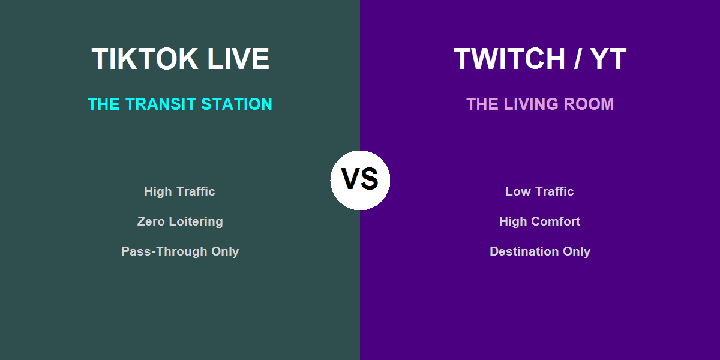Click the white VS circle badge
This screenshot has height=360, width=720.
pos(360,180)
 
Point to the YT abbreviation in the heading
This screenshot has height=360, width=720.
pos(608,59)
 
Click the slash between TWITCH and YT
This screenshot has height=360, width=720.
pos(578,59)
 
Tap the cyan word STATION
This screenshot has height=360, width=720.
pos(237,104)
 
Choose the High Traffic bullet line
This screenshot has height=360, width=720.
pos(179,191)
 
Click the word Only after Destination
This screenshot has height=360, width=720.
pos(576,251)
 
